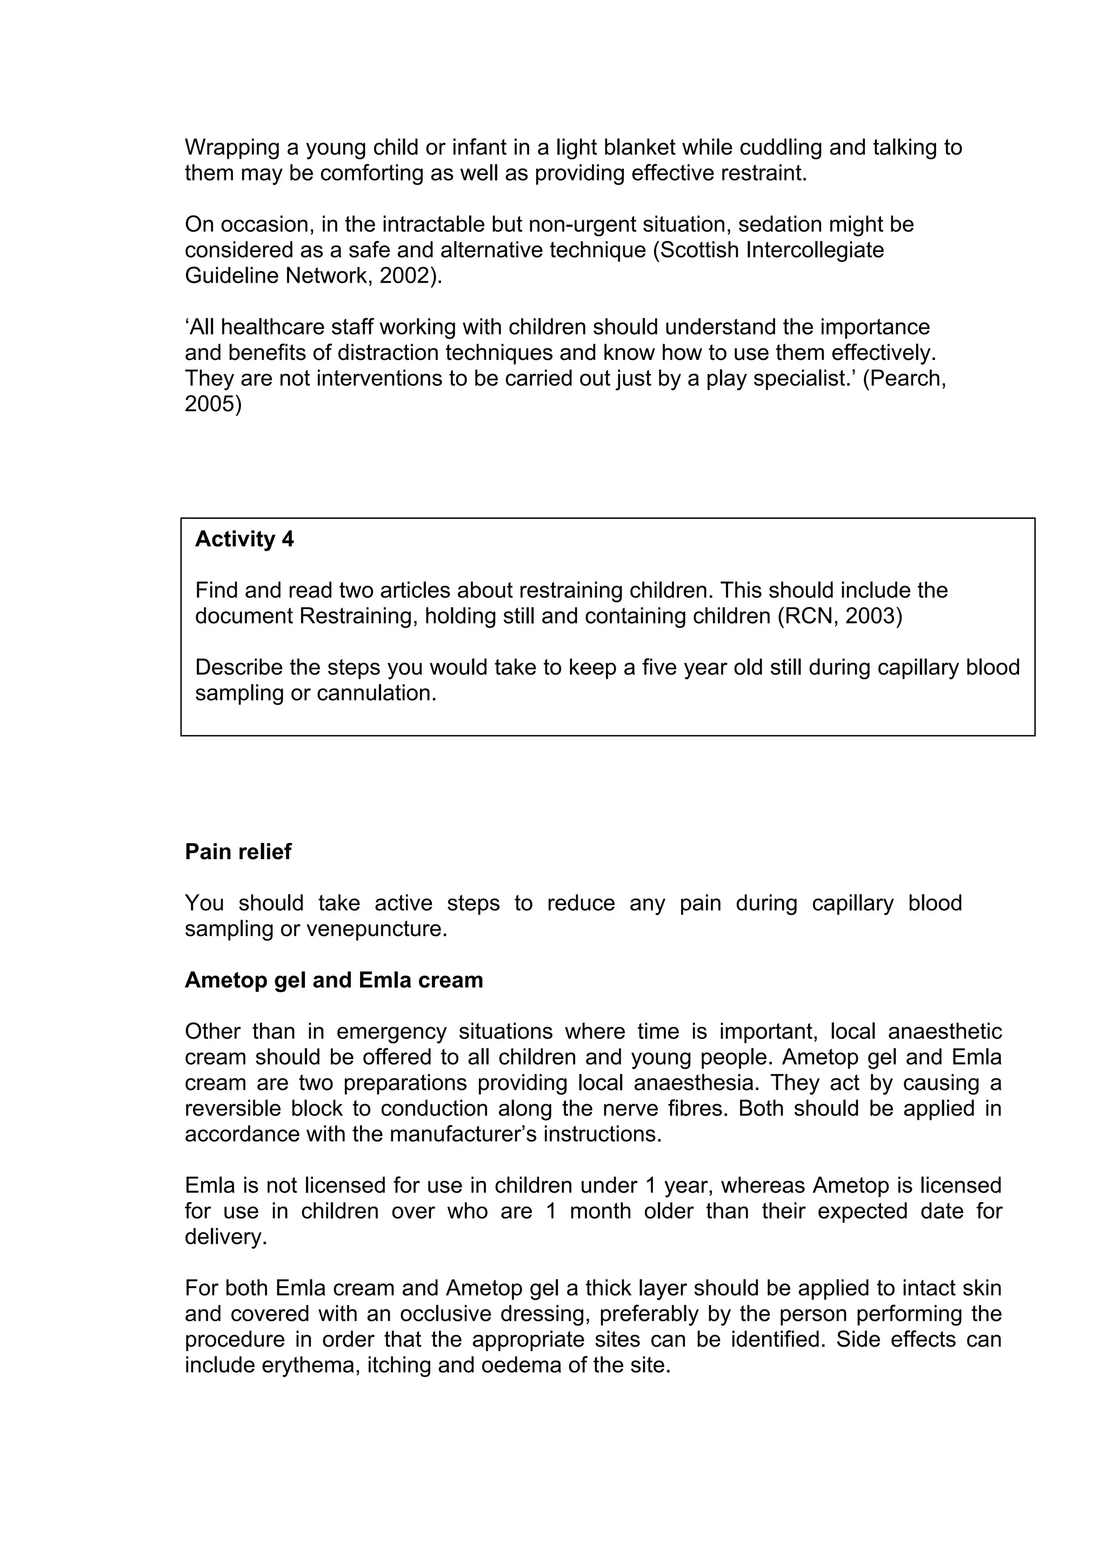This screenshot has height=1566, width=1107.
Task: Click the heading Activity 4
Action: coord(244,539)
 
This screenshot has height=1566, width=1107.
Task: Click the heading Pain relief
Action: coord(238,852)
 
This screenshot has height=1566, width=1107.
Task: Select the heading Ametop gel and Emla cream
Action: coord(334,980)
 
